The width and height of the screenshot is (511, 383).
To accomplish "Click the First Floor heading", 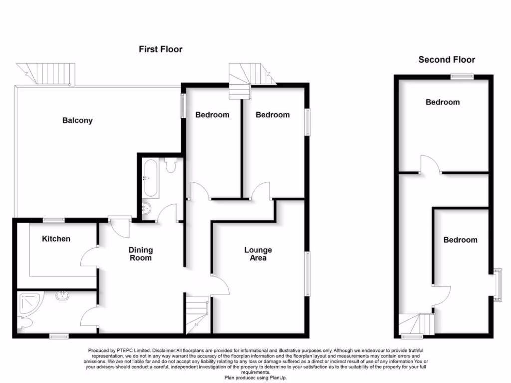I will click(160, 49).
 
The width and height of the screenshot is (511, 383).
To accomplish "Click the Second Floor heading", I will click(446, 60).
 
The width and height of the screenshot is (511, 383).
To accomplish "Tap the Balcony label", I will click(77, 120).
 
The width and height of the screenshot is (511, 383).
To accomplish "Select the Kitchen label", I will click(56, 239).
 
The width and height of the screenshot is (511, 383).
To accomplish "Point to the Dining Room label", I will click(141, 254).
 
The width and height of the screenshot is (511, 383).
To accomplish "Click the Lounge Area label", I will click(258, 254).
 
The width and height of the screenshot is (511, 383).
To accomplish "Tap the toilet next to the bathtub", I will click(171, 165).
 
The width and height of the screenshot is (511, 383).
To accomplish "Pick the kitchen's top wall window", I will click(54, 219).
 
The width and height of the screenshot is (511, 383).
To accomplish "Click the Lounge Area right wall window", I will click(307, 273).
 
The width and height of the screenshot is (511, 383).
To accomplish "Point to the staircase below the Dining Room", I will click(198, 314).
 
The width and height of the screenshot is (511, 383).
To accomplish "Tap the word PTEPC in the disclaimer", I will click(125, 350).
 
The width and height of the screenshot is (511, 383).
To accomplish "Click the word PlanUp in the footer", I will click(278, 378).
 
